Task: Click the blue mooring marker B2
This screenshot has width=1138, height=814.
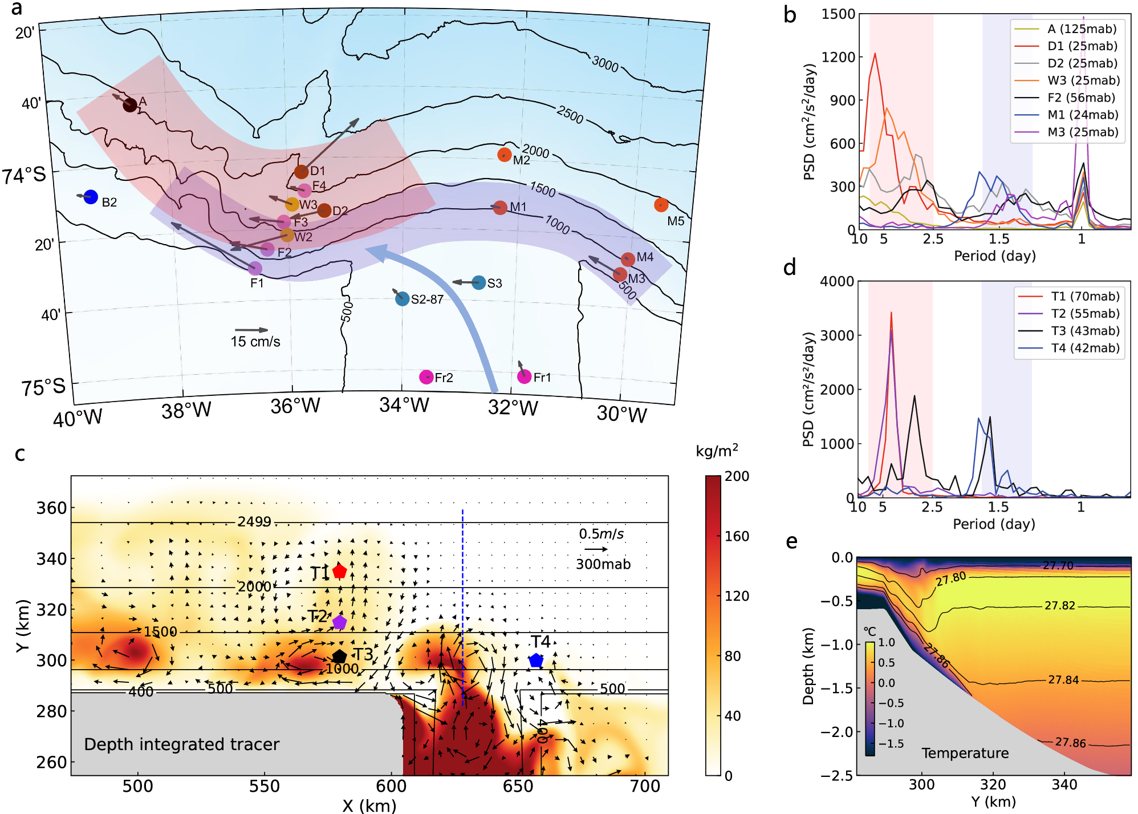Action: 91,197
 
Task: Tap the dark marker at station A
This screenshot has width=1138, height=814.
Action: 130,104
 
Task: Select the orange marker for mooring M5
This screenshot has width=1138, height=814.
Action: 661,205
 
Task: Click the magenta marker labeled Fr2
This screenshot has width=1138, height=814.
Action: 426,377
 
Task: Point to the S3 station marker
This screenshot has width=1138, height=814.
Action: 479,282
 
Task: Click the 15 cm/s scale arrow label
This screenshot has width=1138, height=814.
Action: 255,342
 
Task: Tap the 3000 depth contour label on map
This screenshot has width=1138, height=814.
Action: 605,64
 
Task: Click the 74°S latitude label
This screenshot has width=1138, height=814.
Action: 24,175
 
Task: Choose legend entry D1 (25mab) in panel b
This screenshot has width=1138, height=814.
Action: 1082,46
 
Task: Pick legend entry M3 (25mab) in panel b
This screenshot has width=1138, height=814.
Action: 1082,132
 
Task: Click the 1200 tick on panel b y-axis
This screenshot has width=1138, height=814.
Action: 838,57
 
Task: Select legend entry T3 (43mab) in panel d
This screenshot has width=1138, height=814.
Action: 1085,331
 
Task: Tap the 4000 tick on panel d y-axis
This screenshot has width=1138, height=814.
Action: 836,281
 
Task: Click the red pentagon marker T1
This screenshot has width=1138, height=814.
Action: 340,571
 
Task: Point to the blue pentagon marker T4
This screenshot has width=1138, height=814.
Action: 536,661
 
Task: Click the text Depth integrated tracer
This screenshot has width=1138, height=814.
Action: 181,744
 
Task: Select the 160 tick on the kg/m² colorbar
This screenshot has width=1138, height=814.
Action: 737,536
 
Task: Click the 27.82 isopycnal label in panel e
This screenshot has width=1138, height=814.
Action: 1059,606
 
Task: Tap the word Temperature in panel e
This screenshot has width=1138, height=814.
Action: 965,754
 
